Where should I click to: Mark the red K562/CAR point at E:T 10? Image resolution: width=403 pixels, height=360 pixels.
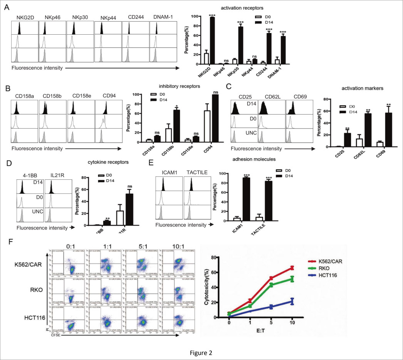292,268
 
